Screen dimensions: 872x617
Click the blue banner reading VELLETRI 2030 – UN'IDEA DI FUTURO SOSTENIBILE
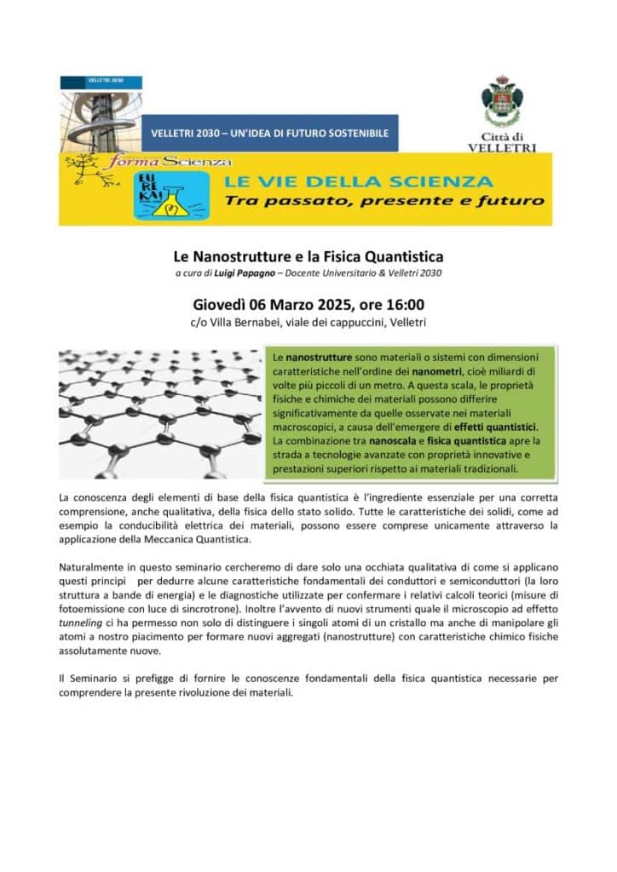(269, 134)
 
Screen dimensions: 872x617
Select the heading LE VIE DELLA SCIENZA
(358, 181)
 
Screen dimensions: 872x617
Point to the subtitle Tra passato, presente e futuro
(383, 201)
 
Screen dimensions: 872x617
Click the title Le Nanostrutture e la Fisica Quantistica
(308, 255)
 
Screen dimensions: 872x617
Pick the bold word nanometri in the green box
(437, 371)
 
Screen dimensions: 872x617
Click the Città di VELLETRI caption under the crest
(501, 141)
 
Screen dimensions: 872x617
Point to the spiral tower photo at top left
(98, 119)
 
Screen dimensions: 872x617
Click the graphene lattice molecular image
(158, 412)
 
